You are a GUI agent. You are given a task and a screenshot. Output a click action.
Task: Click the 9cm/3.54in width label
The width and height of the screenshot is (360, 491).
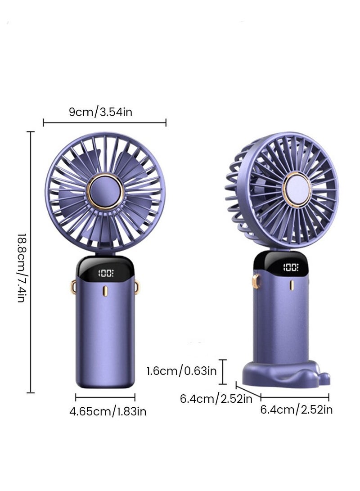tap(100, 112)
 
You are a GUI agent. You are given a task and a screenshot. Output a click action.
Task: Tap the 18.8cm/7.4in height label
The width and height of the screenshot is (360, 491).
tap(21, 267)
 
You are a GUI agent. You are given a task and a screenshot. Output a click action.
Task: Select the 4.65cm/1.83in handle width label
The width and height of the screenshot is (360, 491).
tap(108, 411)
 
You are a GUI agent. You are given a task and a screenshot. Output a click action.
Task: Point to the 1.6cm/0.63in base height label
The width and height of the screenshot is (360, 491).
tap(181, 371)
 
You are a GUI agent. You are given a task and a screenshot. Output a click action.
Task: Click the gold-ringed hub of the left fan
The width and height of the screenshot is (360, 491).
tap(105, 190)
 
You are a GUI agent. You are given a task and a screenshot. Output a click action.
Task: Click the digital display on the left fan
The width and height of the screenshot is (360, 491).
tap(106, 273)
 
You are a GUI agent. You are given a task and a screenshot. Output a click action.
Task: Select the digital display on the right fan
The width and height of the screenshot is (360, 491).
tap(291, 267)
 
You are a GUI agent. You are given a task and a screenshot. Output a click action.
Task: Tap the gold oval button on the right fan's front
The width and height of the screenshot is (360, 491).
tap(292, 285)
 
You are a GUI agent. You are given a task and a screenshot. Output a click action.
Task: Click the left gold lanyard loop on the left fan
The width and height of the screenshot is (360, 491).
tap(73, 287)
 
